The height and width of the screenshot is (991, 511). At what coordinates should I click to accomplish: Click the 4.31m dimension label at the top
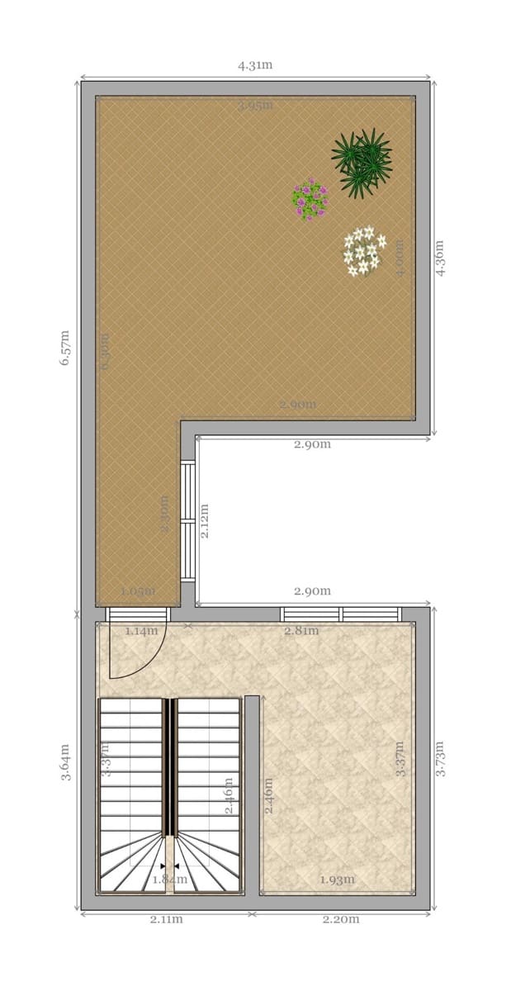[x=254, y=66]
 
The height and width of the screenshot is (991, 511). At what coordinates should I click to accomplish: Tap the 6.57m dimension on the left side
[x=65, y=347]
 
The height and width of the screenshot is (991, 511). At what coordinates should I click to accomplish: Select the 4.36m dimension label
[x=440, y=258]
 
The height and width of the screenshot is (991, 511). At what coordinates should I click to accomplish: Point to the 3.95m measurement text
[x=254, y=106]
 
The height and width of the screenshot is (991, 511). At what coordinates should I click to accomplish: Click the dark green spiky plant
[x=362, y=161]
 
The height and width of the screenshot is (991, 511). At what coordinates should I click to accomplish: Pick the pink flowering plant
[x=310, y=199]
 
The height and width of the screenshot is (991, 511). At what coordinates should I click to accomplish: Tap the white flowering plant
[x=363, y=251]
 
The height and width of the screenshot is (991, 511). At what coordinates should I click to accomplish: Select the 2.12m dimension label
[x=204, y=520]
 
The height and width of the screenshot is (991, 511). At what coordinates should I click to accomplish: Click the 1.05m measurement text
[x=137, y=591]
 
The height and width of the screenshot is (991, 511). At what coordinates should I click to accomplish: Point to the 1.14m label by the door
[x=140, y=631]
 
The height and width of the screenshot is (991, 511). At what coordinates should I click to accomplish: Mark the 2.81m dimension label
[x=300, y=631]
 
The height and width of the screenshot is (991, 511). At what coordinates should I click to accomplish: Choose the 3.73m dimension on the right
[x=440, y=758]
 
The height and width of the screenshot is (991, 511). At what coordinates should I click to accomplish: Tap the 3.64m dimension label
[x=65, y=761]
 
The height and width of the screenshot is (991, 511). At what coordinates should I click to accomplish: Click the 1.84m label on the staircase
[x=169, y=879]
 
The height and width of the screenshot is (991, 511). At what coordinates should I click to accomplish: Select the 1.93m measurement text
[x=337, y=879]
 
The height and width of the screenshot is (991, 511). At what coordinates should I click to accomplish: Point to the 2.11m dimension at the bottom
[x=166, y=919]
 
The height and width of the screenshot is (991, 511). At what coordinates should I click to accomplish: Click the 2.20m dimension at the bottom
[x=340, y=919]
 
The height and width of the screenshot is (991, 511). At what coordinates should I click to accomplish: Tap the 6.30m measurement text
[x=105, y=351]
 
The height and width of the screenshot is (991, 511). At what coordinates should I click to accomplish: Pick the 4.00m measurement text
[x=400, y=258]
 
